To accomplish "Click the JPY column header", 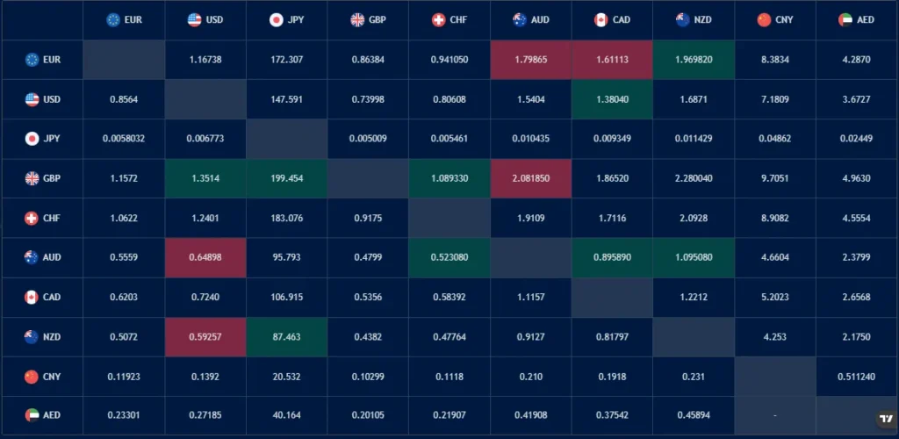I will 287,19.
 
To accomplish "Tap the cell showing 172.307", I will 287,60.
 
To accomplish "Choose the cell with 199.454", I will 287,178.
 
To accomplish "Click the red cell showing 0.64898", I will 205,257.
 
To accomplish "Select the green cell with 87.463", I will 287,336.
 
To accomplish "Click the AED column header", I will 857,19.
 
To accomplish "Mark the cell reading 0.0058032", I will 124,139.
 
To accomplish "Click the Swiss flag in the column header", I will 438,19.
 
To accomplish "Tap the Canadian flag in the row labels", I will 32,297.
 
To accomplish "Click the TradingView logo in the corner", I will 886,419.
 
